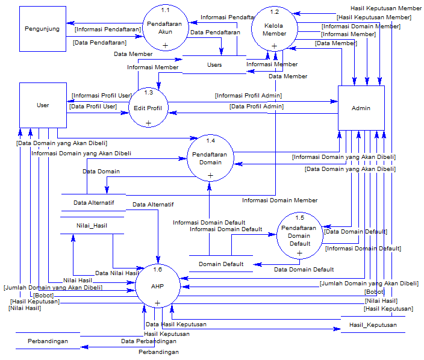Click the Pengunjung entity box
tap(42, 28)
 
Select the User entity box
tap(43, 105)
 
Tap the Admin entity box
tap(361, 108)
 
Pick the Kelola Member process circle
tap(275, 29)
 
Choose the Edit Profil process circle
tap(148, 108)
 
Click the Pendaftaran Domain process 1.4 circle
tap(210, 158)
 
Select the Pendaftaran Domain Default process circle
tap(299, 235)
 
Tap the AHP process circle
tap(157, 286)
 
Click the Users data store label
tap(214, 65)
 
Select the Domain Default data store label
tap(221, 264)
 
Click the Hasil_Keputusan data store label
tap(373, 325)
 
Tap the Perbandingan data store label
tap(48, 341)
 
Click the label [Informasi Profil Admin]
tap(248, 95)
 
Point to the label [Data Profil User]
tap(93, 107)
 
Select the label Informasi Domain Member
tap(279, 200)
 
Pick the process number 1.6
tap(157, 270)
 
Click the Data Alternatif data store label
tap(93, 203)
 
